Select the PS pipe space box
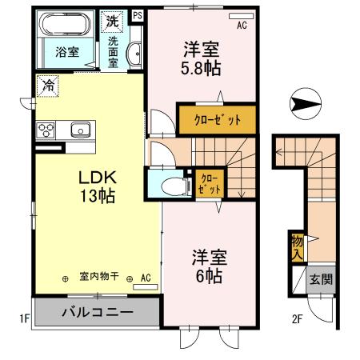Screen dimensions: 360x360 [x=138, y=15]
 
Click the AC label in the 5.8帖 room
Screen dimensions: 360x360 [x=242, y=25]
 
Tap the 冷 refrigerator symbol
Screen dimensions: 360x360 [x=48, y=83]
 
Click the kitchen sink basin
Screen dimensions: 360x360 [x=80, y=130]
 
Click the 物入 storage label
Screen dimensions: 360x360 [x=297, y=246]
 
